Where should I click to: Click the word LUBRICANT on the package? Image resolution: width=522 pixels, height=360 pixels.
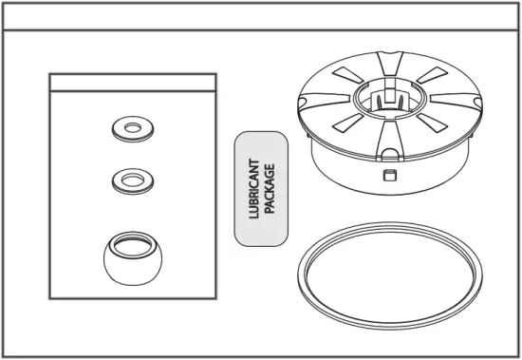tap(254, 189)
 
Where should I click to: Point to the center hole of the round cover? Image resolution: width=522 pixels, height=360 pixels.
tap(390, 94)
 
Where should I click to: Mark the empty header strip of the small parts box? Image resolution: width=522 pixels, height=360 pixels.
tap(132, 83)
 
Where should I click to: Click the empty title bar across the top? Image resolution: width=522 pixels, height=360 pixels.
tap(261, 17)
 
